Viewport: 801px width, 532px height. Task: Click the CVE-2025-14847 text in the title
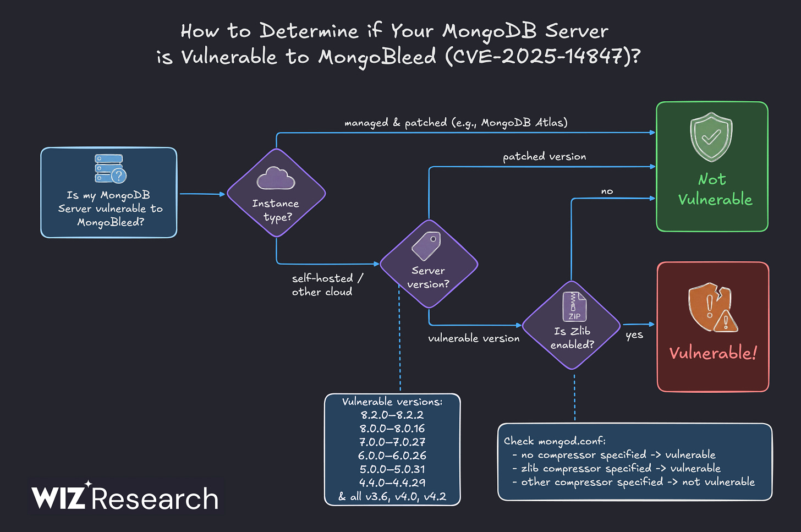tap(542, 56)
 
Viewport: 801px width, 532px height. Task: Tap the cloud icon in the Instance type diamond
tap(276, 178)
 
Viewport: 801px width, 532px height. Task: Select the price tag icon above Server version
tap(427, 245)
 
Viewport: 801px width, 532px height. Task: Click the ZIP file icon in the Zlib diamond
tap(574, 306)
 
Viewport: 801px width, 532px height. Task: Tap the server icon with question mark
tap(110, 168)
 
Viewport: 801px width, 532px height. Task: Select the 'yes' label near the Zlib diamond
tap(634, 334)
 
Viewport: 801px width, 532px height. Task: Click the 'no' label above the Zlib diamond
tap(607, 191)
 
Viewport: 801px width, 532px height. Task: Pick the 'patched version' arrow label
tap(544, 156)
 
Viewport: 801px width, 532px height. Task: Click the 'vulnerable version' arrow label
tap(474, 338)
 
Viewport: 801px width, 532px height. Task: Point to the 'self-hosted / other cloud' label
tap(327, 285)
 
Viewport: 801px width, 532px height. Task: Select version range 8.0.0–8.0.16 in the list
tap(392, 428)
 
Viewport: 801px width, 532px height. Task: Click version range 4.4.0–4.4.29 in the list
tap(392, 482)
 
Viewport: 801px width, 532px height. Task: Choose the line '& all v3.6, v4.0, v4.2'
tap(392, 496)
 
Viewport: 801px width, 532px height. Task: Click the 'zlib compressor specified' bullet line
tap(621, 468)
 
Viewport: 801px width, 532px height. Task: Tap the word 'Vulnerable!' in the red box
tap(713, 353)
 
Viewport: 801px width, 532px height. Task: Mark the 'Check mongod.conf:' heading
tap(555, 441)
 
